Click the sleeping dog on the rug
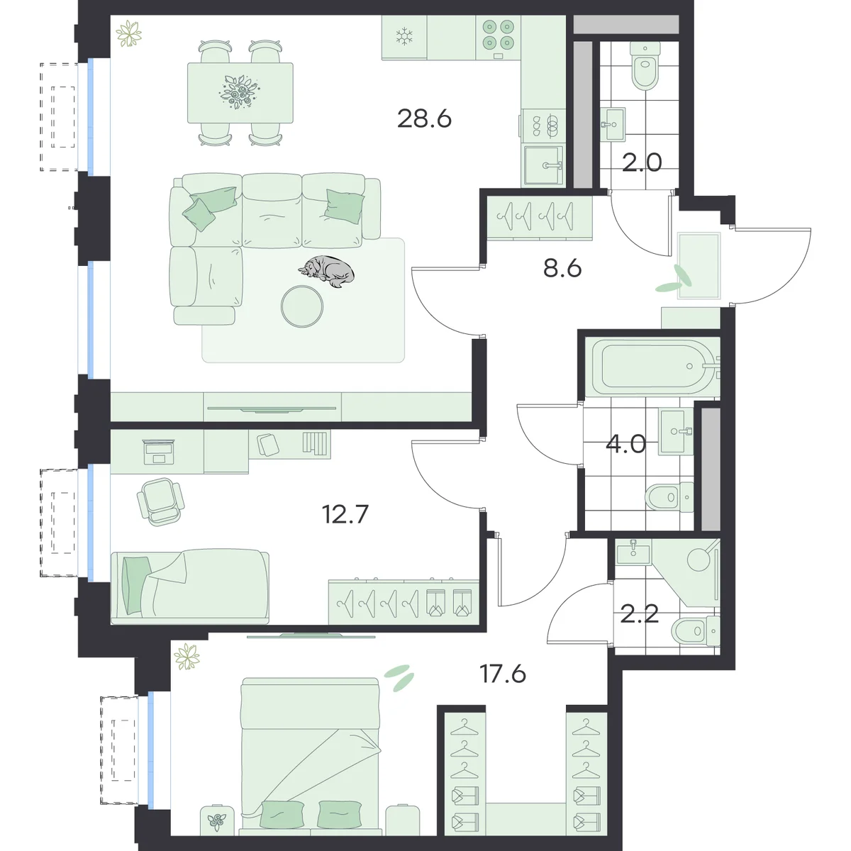pos(326,271)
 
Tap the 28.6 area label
pos(424,119)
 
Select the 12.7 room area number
pos(345,514)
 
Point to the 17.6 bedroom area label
pos(503,674)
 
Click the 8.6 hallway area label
pos(562,268)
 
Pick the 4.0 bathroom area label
pos(625,444)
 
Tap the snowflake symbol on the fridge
pos(404,37)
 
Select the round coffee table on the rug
pos(302,306)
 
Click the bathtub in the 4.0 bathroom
pos(652,366)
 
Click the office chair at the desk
pos(160,501)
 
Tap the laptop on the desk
pos(159,452)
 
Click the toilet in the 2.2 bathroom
pos(696,631)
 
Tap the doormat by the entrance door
pos(699,265)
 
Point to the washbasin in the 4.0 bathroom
pos(676,431)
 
